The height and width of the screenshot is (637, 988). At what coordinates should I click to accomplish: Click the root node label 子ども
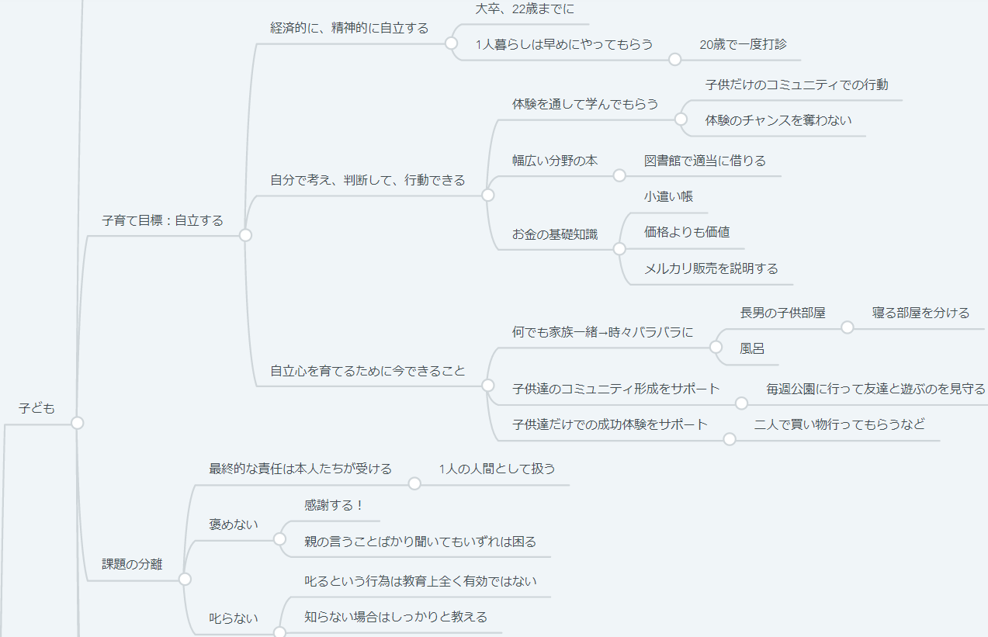point(36,408)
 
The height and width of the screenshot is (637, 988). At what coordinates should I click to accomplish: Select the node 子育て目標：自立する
point(162,220)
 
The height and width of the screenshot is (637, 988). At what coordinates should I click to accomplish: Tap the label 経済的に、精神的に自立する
point(349,28)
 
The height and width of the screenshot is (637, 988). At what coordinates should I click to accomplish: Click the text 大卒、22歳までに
point(525,9)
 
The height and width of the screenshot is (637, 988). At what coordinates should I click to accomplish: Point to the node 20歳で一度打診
point(737,44)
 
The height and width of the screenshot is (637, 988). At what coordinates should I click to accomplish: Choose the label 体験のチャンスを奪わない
point(778,120)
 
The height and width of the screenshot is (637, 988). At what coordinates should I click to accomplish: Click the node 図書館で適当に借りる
point(705,161)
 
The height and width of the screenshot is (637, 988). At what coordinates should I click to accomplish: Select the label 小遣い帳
point(667,196)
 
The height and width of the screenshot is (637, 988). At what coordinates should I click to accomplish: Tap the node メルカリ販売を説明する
point(710,268)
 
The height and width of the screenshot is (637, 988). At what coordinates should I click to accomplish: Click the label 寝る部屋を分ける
point(920,313)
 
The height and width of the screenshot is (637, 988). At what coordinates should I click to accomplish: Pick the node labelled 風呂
point(752,348)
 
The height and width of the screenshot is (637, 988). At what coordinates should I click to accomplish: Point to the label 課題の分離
point(132,564)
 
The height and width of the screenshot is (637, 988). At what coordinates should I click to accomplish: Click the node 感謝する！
point(334,505)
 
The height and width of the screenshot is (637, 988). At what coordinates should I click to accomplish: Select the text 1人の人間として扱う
point(497,469)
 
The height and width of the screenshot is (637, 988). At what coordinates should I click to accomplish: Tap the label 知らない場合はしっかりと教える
point(396,617)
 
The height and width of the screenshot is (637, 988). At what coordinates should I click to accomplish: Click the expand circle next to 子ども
point(77,423)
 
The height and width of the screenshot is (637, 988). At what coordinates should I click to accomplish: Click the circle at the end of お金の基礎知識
point(619,249)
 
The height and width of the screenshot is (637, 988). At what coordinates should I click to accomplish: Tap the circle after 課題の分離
point(185,579)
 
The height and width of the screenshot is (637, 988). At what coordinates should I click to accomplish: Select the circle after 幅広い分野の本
point(619,175)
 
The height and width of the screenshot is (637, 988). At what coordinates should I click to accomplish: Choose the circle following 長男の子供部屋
point(848,327)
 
